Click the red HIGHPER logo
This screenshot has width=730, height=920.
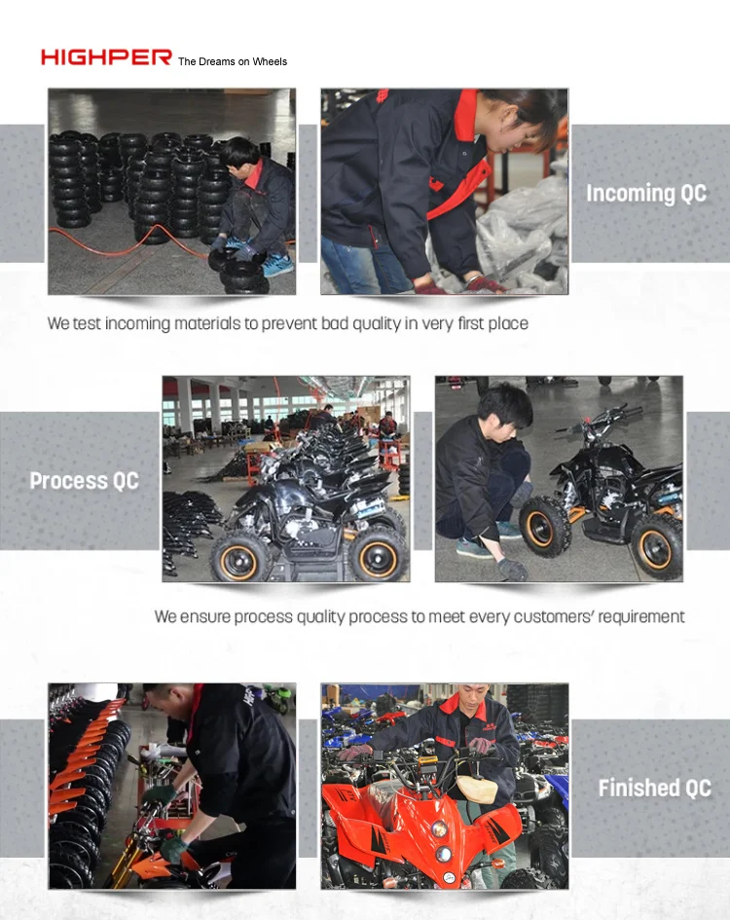pyautogui.click(x=105, y=57)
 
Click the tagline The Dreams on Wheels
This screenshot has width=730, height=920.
pyautogui.click(x=233, y=61)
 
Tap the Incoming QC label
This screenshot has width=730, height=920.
pyautogui.click(x=645, y=193)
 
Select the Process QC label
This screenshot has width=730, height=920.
pyautogui.click(x=84, y=481)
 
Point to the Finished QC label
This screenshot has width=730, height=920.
pyautogui.click(x=654, y=788)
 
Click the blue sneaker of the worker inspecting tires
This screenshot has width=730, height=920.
pyautogui.click(x=278, y=266)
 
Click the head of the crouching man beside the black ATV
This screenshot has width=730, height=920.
pyautogui.click(x=505, y=406)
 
